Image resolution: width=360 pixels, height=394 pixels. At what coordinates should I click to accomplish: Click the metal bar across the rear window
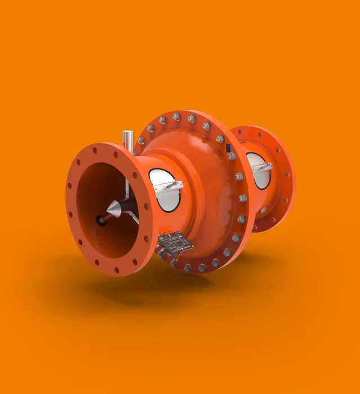point(261,167)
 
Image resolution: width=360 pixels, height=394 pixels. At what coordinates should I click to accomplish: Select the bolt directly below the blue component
point(232,156)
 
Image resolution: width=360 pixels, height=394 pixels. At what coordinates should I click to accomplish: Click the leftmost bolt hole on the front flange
point(70,213)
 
